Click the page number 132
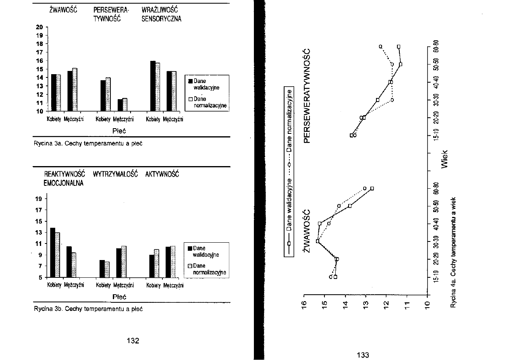(133, 341)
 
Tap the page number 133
(363, 355)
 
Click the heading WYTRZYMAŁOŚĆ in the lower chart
(115, 174)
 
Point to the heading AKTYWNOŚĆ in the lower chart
(162, 174)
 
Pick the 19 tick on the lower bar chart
(39, 199)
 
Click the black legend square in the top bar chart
(190, 81)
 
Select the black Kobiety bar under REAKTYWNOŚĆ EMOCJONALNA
(52, 252)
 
